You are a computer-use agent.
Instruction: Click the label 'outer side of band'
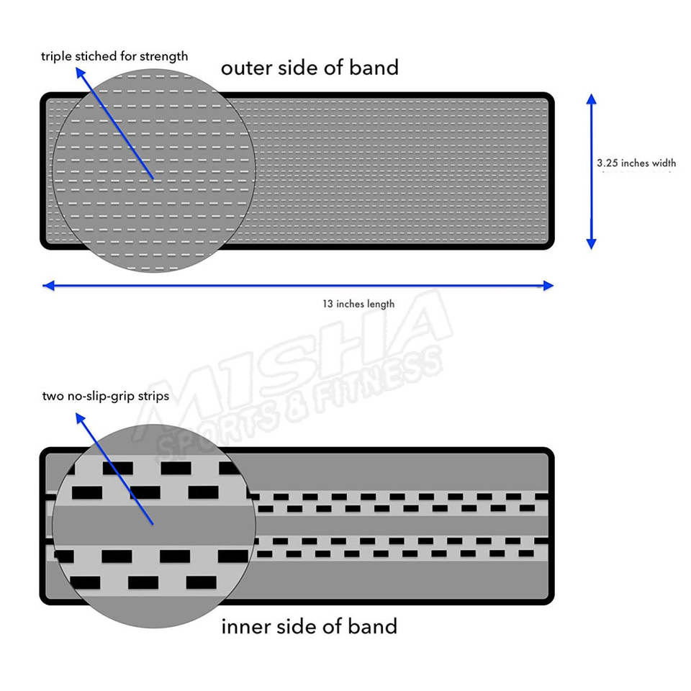coord(310,68)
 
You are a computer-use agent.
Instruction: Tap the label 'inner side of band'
coord(310,626)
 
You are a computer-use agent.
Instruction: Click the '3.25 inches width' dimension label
coord(636,163)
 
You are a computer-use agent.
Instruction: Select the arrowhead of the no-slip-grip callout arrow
coord(80,415)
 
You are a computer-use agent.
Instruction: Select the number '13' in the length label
coord(328,304)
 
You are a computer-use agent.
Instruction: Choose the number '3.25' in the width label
coord(608,163)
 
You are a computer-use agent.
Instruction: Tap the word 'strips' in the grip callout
coord(154,397)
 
